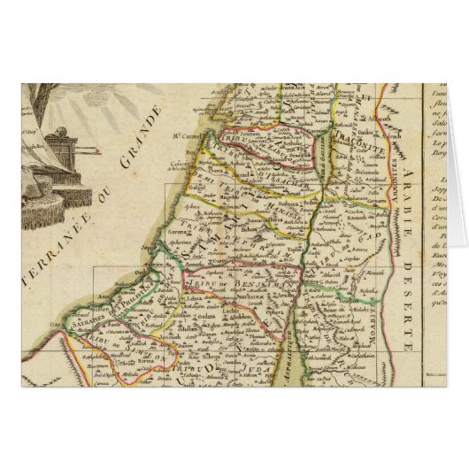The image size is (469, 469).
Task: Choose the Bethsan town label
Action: (x=310, y=178)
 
